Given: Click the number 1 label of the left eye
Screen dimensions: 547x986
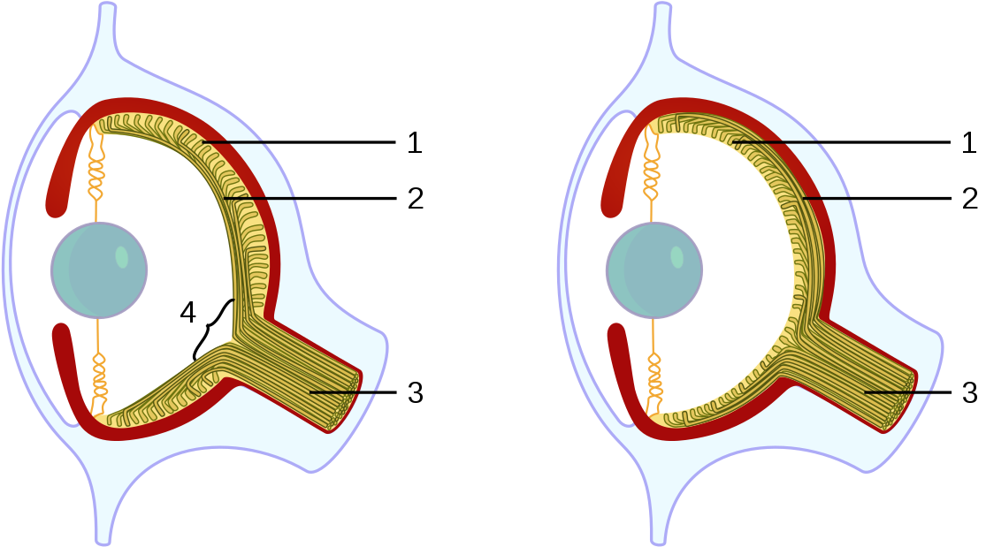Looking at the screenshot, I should tap(415, 142).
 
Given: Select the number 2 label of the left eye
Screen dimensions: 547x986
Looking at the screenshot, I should tap(415, 197).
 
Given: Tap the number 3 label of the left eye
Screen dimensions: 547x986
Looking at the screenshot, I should tap(415, 392).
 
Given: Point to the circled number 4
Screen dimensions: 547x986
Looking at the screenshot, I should tap(187, 311).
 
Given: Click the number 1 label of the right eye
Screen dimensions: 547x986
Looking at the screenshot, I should tap(970, 142).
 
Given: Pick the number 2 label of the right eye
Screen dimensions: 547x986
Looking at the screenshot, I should tap(970, 197).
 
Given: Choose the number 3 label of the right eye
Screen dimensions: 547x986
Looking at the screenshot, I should tap(970, 392).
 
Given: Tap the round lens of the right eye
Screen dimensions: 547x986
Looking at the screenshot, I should tap(654, 270).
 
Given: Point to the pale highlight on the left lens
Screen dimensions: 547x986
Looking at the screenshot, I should tap(122, 257).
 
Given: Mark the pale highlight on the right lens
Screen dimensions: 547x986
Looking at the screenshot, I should tap(676, 257).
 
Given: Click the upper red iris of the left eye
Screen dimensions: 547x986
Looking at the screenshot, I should tap(65, 168).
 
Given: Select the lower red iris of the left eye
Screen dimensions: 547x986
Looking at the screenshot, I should tap(67, 371).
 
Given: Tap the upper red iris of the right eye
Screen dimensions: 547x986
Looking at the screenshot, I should tap(622, 168).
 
